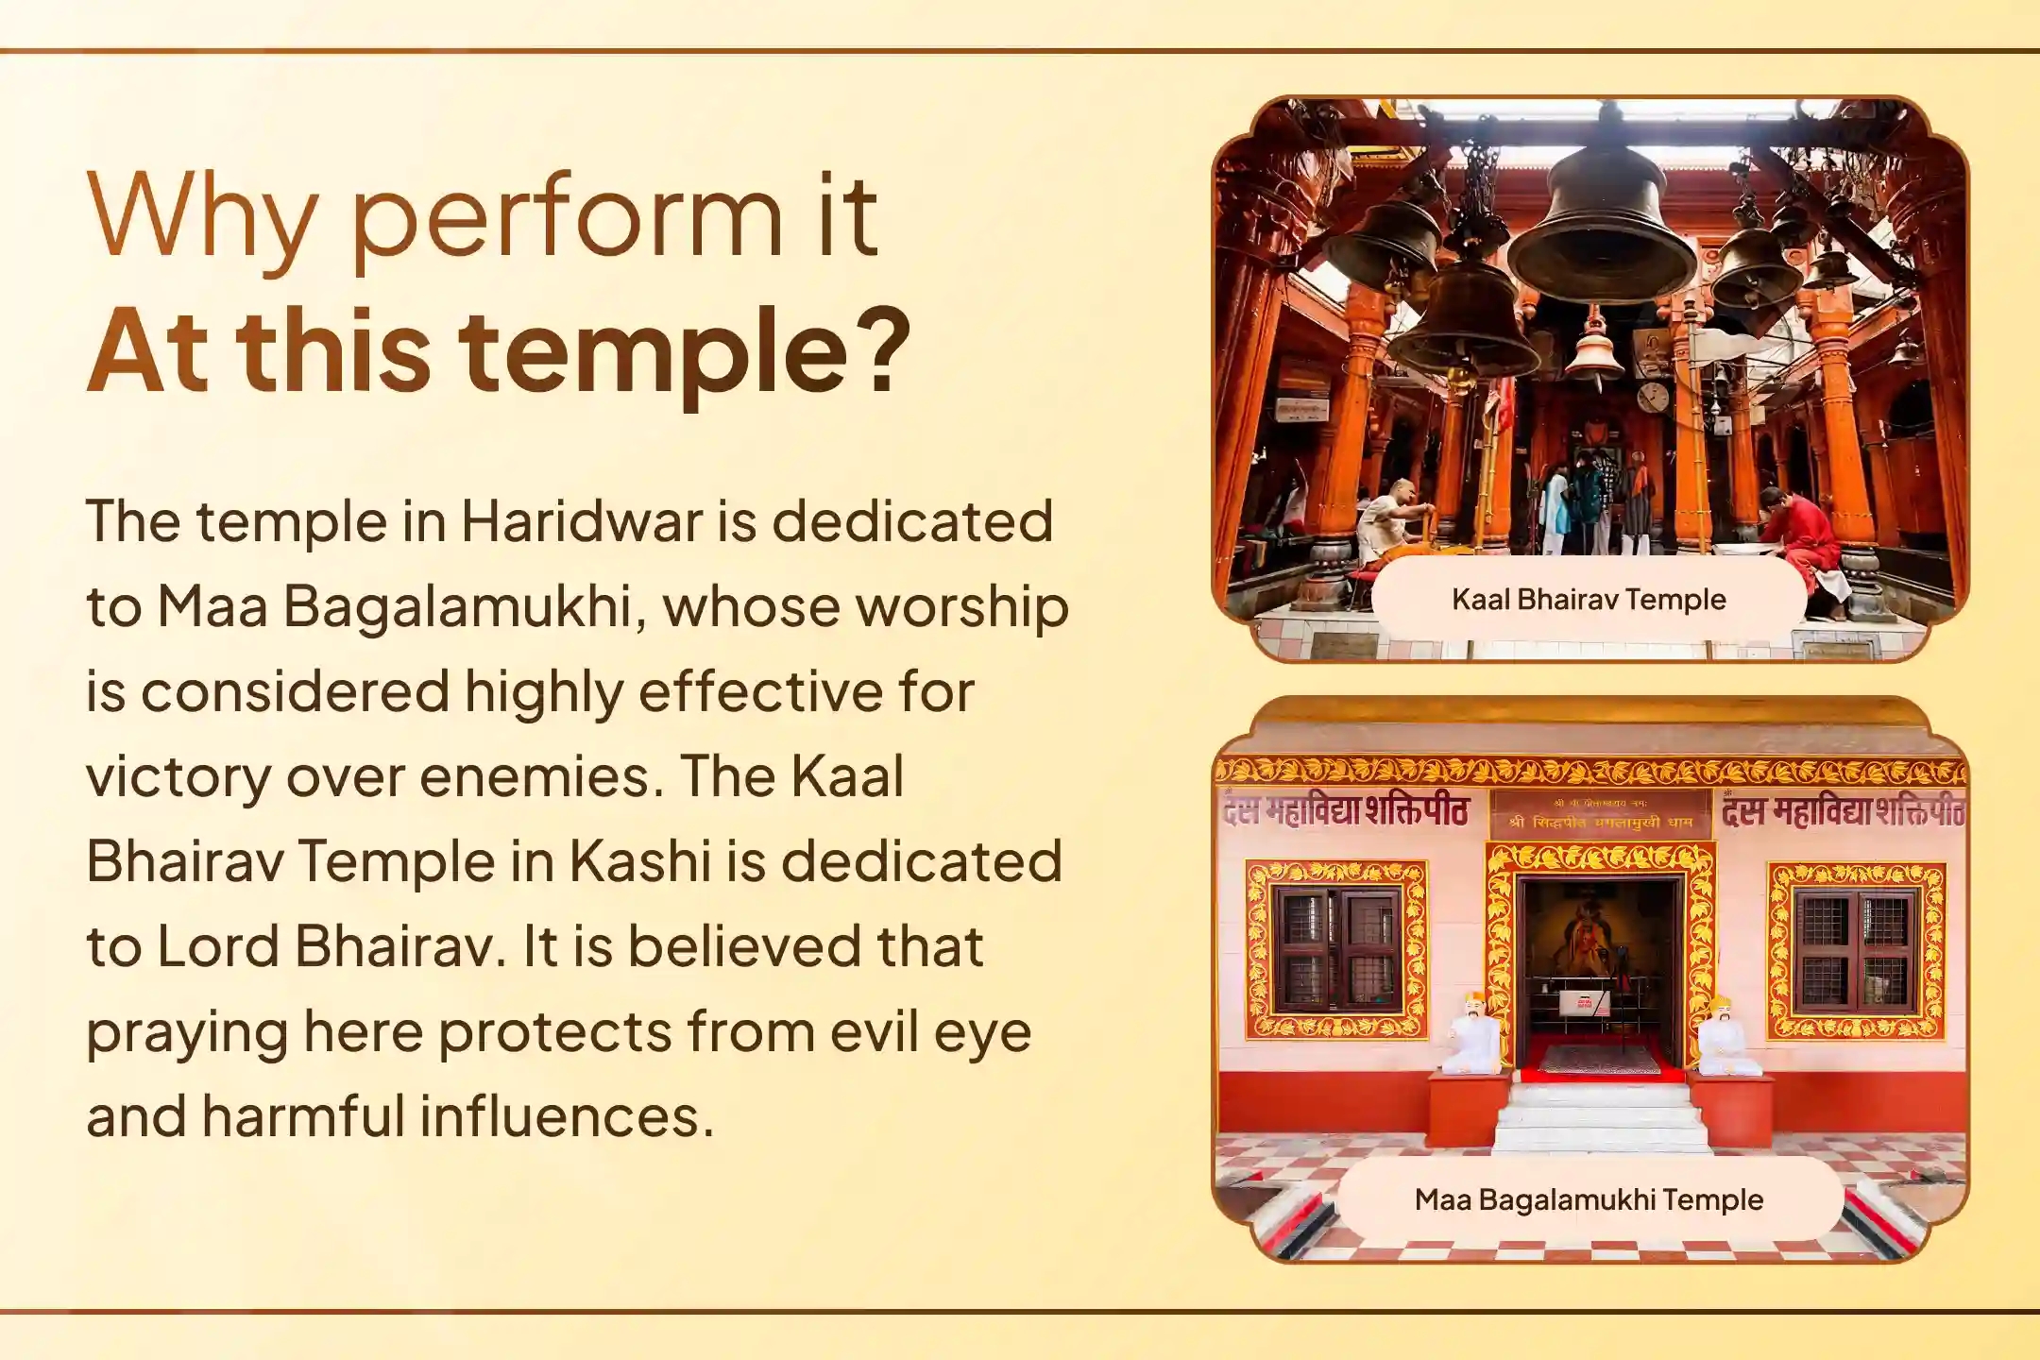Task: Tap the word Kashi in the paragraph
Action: [639, 861]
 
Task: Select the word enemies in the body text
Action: [535, 776]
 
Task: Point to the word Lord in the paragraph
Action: [218, 946]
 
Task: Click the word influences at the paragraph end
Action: [566, 1116]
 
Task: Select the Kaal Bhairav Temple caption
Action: [1589, 599]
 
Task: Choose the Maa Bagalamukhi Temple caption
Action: [1589, 1199]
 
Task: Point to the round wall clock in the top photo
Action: [1653, 396]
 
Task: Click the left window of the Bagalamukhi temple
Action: [1335, 950]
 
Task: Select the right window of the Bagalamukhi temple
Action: [1855, 950]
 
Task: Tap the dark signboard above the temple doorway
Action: [1600, 814]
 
